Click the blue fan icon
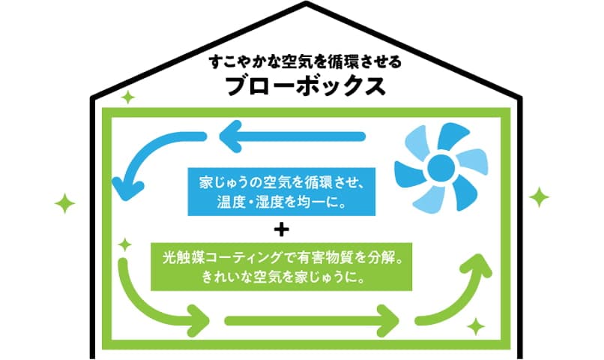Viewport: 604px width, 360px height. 437,167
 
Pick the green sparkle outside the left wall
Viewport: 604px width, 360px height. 65,202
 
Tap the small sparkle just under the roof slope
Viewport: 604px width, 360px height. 127,97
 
